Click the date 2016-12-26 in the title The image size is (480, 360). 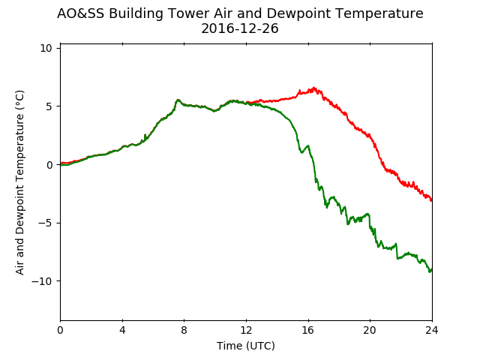[x=240, y=28]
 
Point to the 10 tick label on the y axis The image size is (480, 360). [x=46, y=48]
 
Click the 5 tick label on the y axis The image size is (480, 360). [x=49, y=106]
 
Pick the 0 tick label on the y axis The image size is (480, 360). [x=49, y=165]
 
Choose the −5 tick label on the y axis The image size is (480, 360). [x=45, y=223]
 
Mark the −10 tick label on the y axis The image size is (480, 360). [x=42, y=281]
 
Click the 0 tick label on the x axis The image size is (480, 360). [x=60, y=330]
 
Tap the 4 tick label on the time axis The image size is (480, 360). [x=122, y=330]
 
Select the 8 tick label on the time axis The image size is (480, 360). [x=184, y=330]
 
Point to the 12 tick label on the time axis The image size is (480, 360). [x=246, y=330]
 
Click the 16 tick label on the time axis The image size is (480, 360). [x=308, y=330]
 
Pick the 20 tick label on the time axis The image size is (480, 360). [x=370, y=330]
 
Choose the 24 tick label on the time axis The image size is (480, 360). [x=432, y=330]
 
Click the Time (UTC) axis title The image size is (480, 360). [x=246, y=346]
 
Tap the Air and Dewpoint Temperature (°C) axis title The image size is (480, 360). [x=19, y=182]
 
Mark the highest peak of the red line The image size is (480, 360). [x=313, y=88]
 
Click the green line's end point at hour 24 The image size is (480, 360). [x=432, y=270]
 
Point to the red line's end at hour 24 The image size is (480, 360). [x=432, y=200]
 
